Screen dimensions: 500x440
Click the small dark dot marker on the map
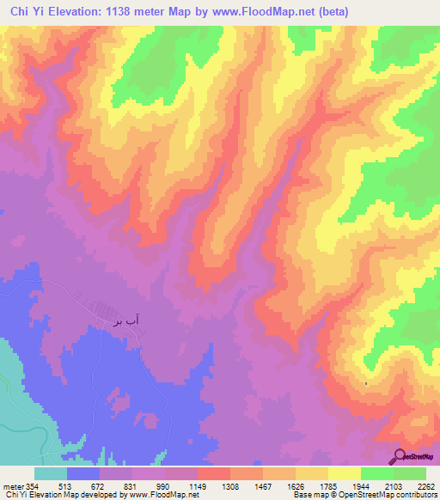[x=366, y=383]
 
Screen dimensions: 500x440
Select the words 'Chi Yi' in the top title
[x=24, y=11]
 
